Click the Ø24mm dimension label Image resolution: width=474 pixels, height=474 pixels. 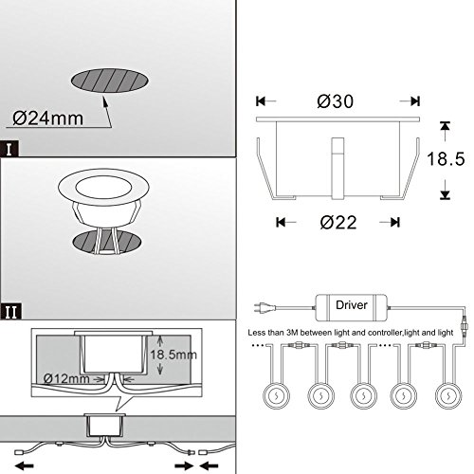[48, 118]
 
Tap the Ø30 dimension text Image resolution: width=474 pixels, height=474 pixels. [336, 101]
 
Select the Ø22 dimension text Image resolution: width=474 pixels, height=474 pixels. [338, 223]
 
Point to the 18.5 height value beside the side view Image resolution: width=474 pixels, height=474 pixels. [446, 158]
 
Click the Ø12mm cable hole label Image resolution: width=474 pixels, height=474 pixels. [66, 378]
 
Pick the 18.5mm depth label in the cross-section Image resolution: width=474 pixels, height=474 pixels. [173, 355]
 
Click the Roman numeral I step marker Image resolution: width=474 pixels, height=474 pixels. [9, 149]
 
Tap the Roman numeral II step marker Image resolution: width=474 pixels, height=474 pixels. [10, 312]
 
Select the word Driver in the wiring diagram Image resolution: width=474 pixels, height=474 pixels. [352, 305]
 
